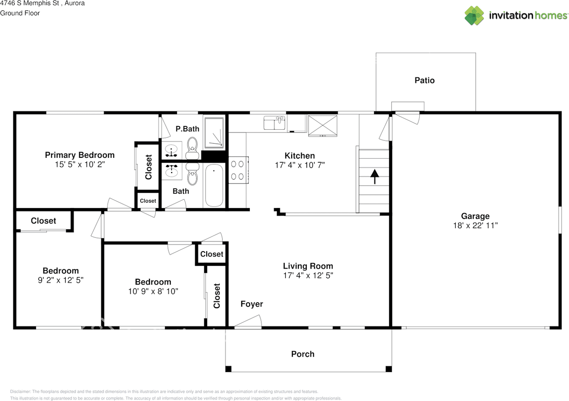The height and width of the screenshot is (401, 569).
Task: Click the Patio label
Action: tap(425, 80)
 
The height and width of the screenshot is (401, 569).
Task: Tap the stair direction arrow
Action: tap(375, 176)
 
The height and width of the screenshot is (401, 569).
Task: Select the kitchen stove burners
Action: tap(238, 170)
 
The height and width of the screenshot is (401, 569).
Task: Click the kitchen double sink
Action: tap(274, 123)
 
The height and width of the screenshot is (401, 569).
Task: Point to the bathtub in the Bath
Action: tap(214, 185)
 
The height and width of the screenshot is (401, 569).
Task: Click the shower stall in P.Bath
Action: tap(214, 132)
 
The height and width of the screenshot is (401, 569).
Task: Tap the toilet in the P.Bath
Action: tap(192, 148)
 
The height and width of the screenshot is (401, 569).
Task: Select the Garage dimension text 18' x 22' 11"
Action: tap(475, 225)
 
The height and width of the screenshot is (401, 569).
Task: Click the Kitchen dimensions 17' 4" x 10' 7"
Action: tap(300, 165)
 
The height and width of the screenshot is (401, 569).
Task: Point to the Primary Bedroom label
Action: tap(80, 155)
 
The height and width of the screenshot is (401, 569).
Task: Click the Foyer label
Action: tap(252, 304)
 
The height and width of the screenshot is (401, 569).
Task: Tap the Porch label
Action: tap(303, 354)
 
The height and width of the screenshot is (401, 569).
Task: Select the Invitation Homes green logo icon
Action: tap(474, 16)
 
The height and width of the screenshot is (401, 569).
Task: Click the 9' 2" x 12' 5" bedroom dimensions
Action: tap(61, 280)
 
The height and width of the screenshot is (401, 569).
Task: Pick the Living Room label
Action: tap(308, 266)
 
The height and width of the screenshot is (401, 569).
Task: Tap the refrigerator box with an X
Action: tap(323, 126)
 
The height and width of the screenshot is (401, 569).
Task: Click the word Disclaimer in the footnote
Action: tap(20, 392)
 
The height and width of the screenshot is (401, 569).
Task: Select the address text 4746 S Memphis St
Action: tap(29, 3)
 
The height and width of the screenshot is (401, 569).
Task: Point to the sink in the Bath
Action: tap(172, 171)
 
